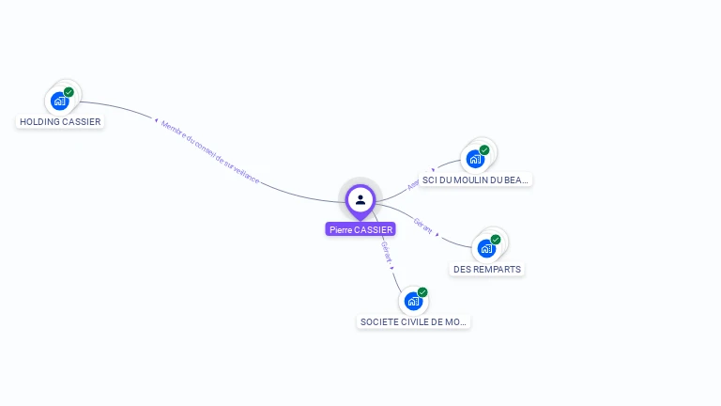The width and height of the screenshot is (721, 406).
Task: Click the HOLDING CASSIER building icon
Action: (60, 101)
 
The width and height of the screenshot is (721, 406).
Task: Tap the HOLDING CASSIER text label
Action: (60, 121)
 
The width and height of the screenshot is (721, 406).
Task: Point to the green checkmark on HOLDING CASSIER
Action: (69, 92)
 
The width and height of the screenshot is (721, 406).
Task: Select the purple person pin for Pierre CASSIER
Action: (360, 200)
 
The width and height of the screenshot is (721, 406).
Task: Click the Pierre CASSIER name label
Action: (360, 229)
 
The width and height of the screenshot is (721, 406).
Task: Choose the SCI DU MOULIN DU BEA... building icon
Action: (475, 159)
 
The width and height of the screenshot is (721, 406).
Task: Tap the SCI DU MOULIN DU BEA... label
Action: (475, 180)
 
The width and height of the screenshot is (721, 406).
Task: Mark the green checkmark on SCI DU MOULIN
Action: (484, 150)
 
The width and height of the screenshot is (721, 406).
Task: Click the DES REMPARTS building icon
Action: (486, 248)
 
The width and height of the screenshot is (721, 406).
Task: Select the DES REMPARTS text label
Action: (487, 269)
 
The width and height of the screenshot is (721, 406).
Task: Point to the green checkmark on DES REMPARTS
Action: (496, 240)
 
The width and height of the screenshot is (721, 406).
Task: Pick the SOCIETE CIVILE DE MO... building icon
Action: (413, 301)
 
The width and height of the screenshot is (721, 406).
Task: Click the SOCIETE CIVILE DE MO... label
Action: (413, 321)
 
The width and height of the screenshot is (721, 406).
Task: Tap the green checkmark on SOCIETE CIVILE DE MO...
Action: (422, 292)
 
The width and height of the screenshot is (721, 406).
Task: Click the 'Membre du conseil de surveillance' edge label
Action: (209, 151)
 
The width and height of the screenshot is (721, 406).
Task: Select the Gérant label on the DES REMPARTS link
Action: (422, 226)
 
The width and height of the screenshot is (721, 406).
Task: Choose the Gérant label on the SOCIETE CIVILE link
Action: (387, 252)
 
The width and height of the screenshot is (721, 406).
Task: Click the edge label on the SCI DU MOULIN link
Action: (413, 185)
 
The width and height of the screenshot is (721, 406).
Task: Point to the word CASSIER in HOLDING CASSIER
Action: (81, 121)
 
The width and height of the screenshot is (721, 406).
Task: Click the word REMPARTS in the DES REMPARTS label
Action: (499, 269)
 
